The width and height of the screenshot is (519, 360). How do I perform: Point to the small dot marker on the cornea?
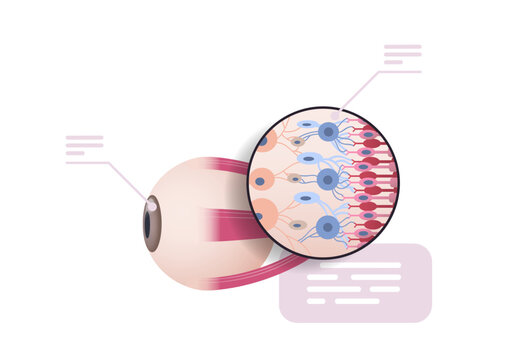[151, 203]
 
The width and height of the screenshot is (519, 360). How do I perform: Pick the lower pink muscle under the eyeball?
[270, 270]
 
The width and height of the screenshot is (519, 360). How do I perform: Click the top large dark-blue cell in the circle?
[328, 131]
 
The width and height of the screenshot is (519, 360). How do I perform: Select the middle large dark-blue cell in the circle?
[327, 179]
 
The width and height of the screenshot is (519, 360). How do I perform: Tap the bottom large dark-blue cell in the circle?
[327, 226]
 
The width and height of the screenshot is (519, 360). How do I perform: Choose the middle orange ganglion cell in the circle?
[261, 181]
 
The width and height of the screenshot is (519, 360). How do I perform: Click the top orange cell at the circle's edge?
[267, 139]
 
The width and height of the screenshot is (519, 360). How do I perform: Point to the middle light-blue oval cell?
[309, 158]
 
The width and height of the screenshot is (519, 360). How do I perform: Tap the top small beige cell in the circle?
[297, 143]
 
